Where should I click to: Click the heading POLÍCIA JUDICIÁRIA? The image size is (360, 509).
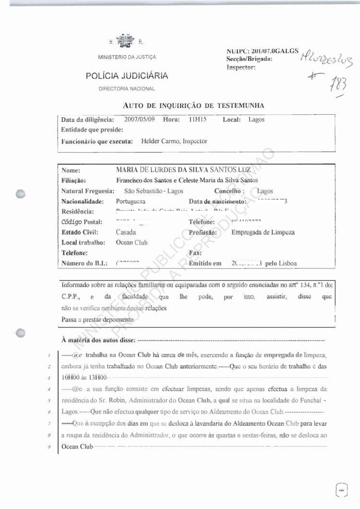click(127, 76)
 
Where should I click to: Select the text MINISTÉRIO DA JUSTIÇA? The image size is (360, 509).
click(127, 57)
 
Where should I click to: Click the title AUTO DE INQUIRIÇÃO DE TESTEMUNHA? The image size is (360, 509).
click(193, 105)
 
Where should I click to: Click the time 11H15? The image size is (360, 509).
click(198, 120)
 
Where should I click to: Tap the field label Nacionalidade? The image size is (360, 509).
click(81, 201)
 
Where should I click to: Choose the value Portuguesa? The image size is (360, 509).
click(131, 201)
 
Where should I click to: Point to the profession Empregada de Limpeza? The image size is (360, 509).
click(263, 232)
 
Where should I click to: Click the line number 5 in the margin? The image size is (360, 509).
click(50, 400)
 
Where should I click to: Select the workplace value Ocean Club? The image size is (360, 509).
click(132, 242)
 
